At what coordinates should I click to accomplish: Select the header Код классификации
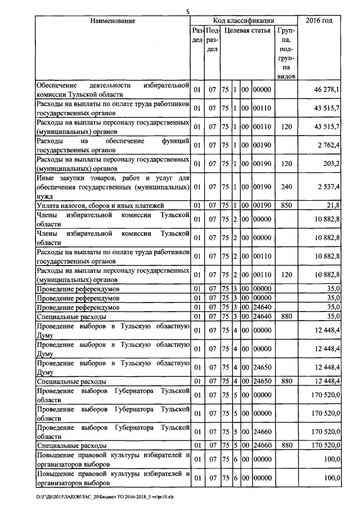coord(244,21)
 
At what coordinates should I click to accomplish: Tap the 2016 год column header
coord(319,21)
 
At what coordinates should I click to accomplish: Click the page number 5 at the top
coord(188,11)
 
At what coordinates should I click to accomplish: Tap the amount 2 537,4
coord(327,187)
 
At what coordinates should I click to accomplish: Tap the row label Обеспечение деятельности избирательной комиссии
coord(112,89)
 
